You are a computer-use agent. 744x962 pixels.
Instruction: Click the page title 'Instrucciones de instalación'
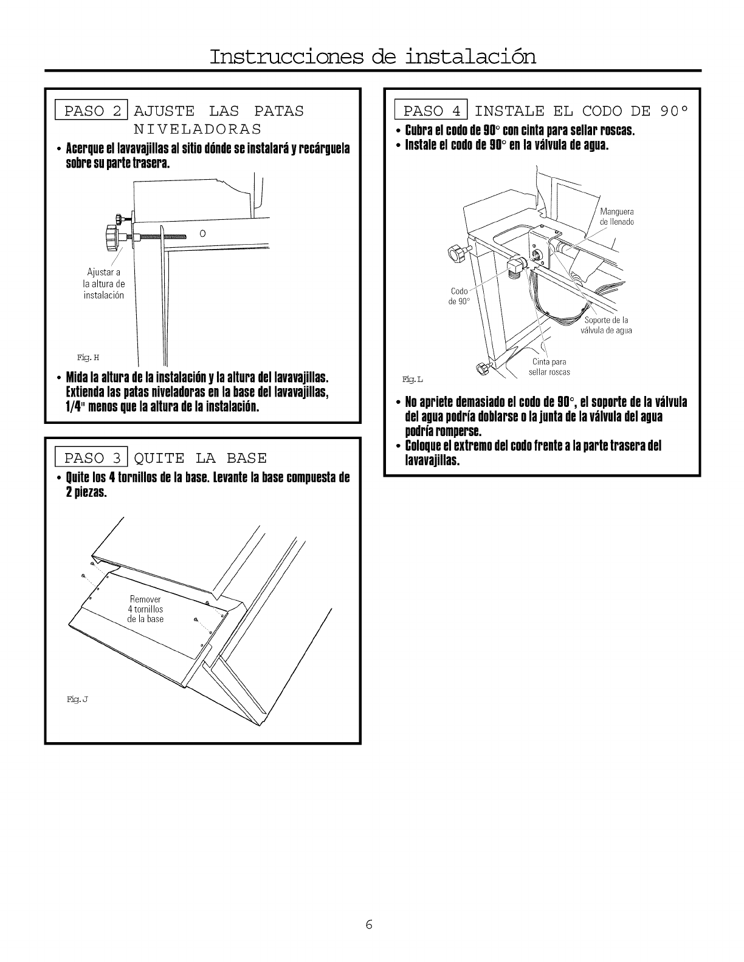pyautogui.click(x=373, y=56)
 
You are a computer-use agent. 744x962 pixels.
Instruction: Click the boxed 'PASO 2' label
pyautogui.click(x=92, y=111)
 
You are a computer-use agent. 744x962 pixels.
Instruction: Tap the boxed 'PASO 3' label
pyautogui.click(x=92, y=457)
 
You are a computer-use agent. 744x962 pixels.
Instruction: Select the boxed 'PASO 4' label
pyautogui.click(x=431, y=111)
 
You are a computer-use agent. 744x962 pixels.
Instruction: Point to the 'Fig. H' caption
pyautogui.click(x=83, y=357)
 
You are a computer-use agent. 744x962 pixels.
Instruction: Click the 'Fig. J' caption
pyautogui.click(x=78, y=700)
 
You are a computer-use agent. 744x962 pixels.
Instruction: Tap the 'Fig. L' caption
pyautogui.click(x=413, y=380)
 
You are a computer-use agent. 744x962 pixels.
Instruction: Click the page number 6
pyautogui.click(x=369, y=925)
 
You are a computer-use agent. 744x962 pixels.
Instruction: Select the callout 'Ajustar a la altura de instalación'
pyautogui.click(x=103, y=284)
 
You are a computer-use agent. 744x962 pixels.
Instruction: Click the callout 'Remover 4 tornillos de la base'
pyautogui.click(x=145, y=609)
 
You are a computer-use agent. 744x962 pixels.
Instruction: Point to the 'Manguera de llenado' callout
pyautogui.click(x=616, y=217)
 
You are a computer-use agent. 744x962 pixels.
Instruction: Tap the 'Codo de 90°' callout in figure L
pyautogui.click(x=459, y=296)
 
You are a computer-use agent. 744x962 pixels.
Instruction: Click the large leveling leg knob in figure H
pyautogui.click(x=112, y=237)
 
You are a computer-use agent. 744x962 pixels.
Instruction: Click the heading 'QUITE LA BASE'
pyautogui.click(x=200, y=457)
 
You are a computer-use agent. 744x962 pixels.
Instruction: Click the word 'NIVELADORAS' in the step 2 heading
pyautogui.click(x=198, y=129)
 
